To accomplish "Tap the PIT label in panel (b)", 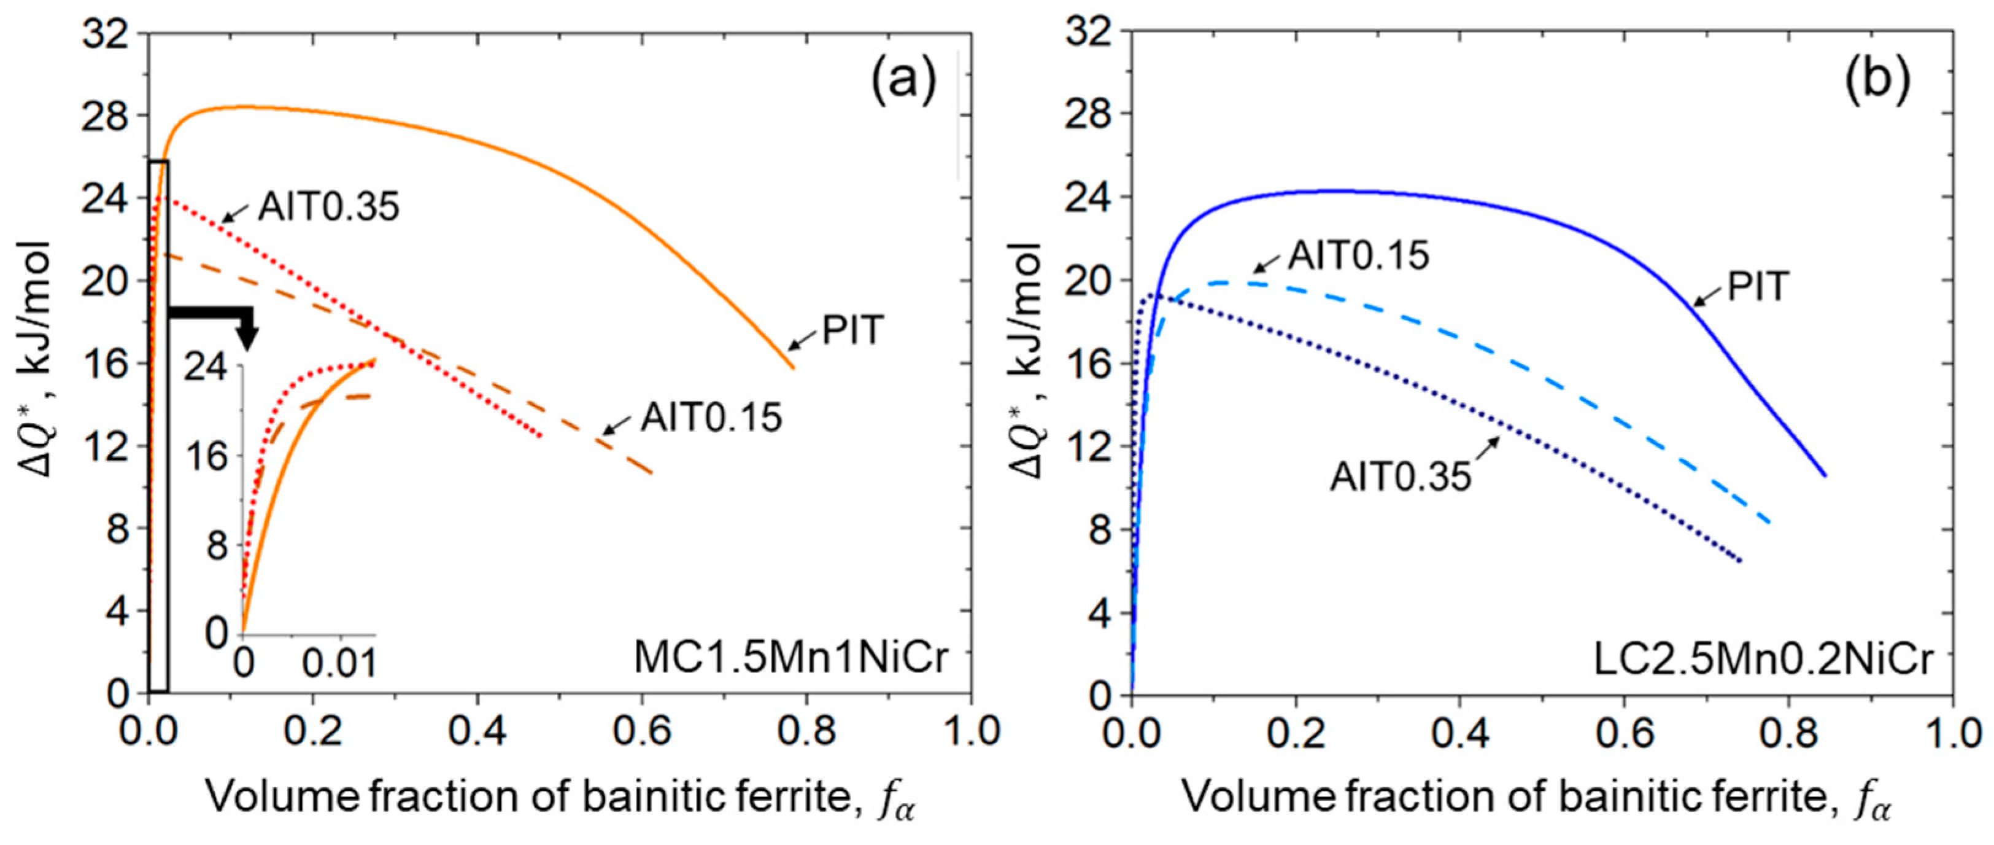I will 1758,287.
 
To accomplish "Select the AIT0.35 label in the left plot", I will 328,207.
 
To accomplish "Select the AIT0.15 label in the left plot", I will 711,418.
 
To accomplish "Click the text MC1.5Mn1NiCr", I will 790,659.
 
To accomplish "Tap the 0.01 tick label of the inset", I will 339,664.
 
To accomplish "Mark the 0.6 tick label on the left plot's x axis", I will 641,732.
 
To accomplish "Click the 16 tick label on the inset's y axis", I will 206,457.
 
